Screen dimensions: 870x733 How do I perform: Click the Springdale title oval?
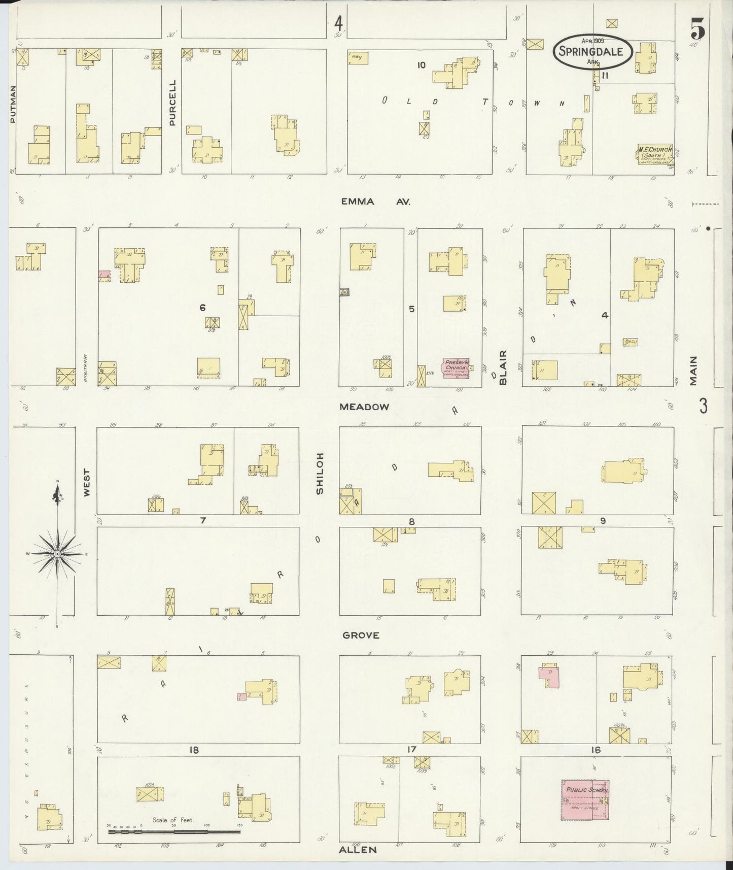[x=592, y=51]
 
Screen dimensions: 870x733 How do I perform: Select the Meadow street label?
[x=364, y=407]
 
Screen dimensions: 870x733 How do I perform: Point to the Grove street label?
[x=361, y=635]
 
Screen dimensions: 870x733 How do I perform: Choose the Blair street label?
[x=503, y=367]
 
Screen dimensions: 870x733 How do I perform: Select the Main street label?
[x=693, y=370]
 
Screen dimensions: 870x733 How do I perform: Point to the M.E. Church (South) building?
[x=655, y=154]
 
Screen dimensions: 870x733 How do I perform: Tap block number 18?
[x=194, y=750]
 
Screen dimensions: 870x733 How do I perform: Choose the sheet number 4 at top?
[x=338, y=23]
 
